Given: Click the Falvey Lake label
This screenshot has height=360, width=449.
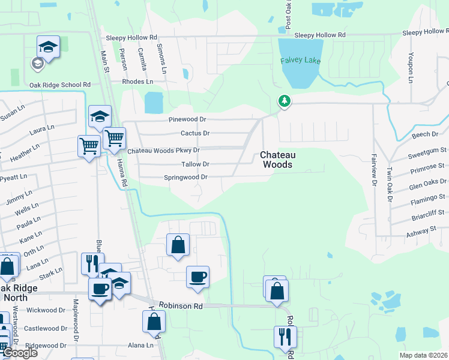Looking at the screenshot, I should (x=300, y=61).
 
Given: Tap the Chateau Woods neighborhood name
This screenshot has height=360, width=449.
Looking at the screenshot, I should (x=276, y=159).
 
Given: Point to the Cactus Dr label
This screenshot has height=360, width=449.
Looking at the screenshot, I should (x=195, y=133).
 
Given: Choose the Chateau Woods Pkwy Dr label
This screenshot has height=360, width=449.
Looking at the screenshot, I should (x=163, y=150).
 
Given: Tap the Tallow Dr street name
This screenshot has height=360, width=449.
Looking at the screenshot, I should (x=195, y=164).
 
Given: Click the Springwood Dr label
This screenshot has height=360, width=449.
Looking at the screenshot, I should (x=185, y=178).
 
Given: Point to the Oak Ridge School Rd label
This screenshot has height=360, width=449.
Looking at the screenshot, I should (x=60, y=85).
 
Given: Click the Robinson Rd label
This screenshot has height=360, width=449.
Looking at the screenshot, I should (x=181, y=306).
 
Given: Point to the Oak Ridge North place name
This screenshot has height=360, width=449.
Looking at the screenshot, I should (x=20, y=293).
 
